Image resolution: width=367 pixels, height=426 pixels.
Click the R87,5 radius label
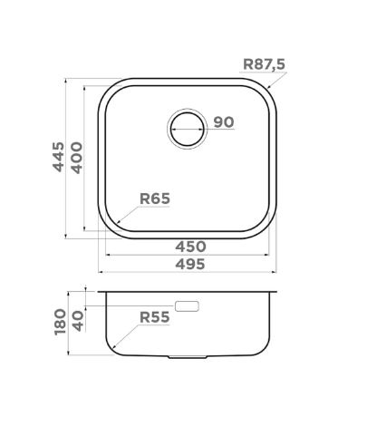264,64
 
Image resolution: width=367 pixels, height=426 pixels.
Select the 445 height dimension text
58,157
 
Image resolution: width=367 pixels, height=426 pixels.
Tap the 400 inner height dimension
77,158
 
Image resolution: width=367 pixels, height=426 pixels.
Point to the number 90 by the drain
224,121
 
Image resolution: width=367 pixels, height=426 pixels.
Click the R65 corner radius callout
155,198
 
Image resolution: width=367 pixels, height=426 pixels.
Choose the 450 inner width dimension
190,247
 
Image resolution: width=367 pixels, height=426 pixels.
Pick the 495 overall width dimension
190,265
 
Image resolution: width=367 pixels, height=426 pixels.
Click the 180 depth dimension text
60,322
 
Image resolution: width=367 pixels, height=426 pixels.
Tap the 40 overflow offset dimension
78,321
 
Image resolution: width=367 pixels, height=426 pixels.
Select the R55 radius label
155,317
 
